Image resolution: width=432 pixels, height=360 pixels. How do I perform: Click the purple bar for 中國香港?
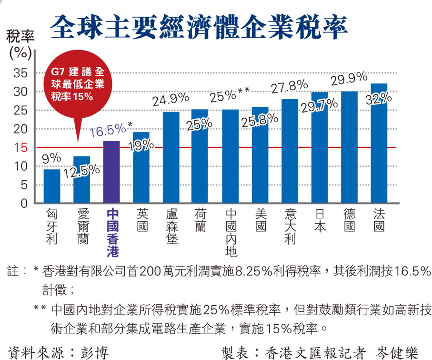pos(111,173)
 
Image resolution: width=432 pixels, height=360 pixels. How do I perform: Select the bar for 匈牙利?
pos(51,186)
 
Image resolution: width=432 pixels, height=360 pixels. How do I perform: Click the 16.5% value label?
pos(108,129)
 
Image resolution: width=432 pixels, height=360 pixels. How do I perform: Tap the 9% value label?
pos(51,157)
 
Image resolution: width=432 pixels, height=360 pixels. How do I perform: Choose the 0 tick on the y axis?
pos(25,204)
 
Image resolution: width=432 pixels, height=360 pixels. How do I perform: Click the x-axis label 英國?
pos(141,220)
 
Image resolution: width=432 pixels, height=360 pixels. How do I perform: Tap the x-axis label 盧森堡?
pos(171,226)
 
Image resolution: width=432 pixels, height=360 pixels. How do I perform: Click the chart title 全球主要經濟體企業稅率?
pos(199,28)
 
